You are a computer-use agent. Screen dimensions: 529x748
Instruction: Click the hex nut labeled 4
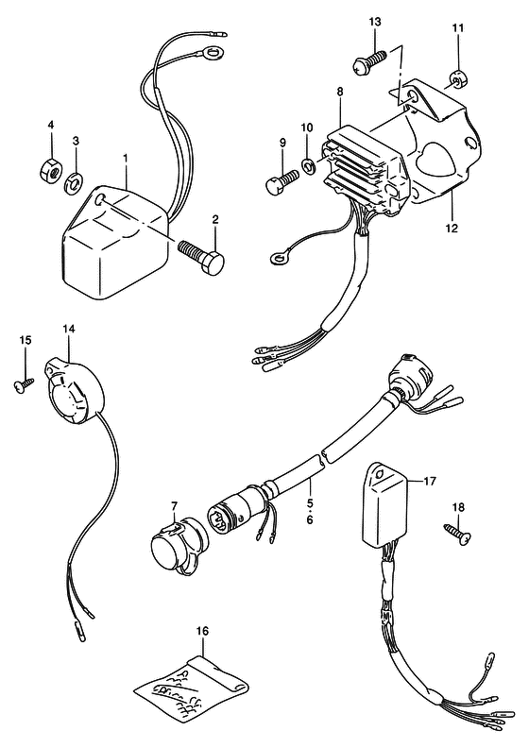click(x=49, y=170)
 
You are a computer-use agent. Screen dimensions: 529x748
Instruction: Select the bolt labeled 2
click(x=201, y=256)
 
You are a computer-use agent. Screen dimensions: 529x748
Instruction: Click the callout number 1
click(x=126, y=157)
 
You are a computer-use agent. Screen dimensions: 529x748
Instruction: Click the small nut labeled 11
click(x=457, y=81)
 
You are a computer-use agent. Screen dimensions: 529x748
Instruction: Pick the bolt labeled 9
click(x=282, y=181)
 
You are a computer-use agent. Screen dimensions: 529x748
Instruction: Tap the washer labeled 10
click(x=308, y=165)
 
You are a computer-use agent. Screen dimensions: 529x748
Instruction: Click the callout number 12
click(x=452, y=228)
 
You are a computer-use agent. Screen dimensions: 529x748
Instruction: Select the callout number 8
click(x=340, y=92)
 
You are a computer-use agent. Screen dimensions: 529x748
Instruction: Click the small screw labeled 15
click(x=24, y=384)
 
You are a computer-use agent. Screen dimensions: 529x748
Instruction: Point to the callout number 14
click(x=69, y=329)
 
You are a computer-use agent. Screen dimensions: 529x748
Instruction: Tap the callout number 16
click(x=202, y=631)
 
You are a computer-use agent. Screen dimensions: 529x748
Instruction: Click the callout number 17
click(x=430, y=482)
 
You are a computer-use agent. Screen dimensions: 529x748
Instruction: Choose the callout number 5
click(x=310, y=501)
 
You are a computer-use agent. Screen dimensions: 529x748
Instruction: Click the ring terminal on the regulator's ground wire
click(x=276, y=259)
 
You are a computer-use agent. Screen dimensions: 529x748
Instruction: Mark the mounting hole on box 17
click(x=380, y=474)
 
